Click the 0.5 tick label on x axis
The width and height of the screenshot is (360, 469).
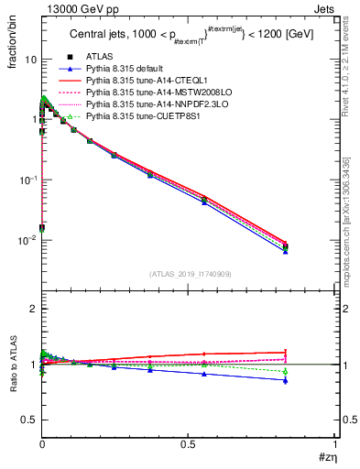point(188,446)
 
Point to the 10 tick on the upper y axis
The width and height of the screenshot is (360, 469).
point(30,60)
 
